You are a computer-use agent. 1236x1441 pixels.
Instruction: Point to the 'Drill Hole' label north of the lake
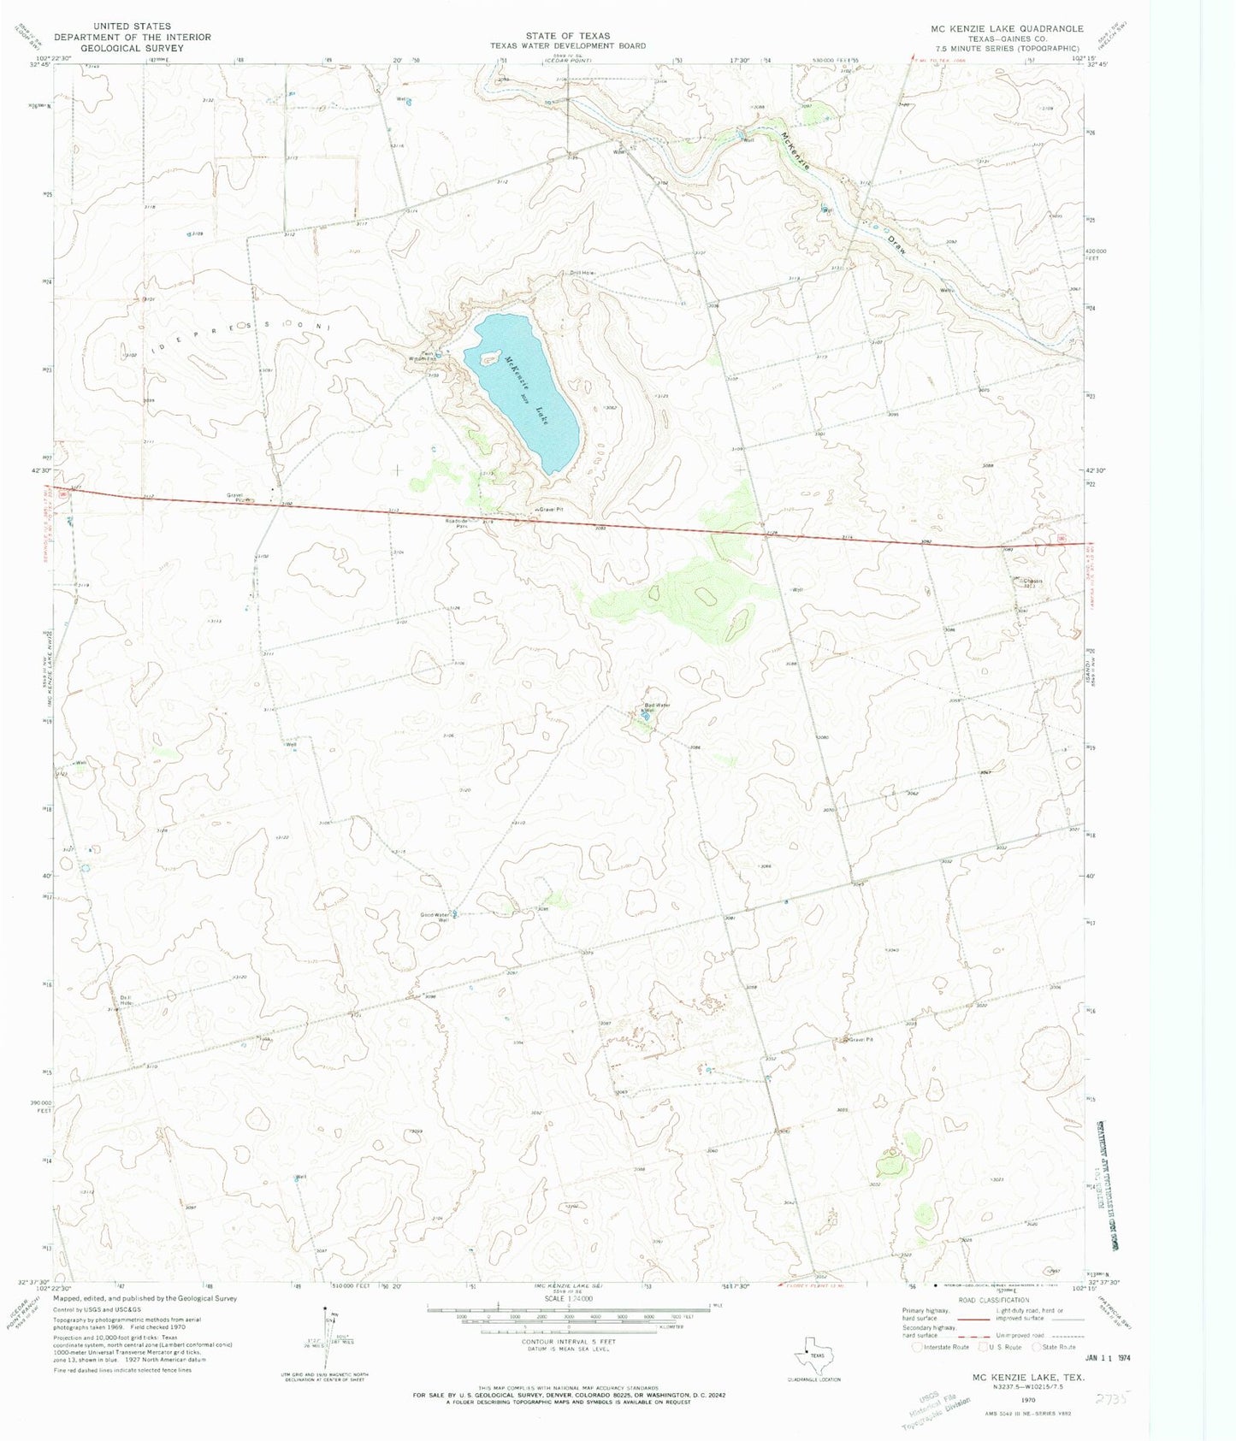point(582,274)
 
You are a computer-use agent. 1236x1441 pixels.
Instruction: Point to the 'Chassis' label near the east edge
point(1031,582)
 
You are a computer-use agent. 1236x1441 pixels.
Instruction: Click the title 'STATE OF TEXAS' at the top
point(568,36)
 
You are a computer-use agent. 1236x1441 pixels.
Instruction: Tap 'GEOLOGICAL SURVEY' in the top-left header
point(133,49)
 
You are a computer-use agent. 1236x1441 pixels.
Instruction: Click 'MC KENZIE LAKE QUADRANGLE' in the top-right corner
point(1007,28)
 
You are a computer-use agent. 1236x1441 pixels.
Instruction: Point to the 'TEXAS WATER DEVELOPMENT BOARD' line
point(568,46)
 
